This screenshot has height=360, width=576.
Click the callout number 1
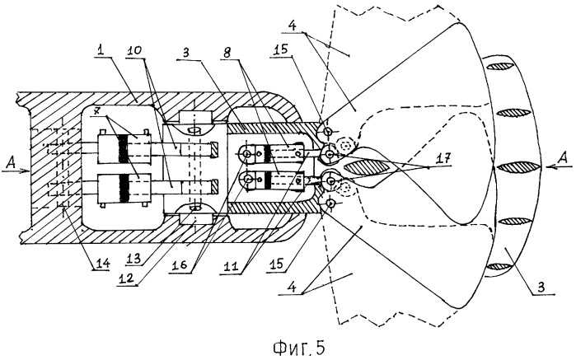[101, 50]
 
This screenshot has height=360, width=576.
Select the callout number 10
[134, 51]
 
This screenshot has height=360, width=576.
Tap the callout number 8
[227, 52]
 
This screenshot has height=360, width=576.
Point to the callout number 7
[97, 110]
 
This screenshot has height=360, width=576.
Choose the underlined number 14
[101, 263]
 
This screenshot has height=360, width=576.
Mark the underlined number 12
[125, 278]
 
